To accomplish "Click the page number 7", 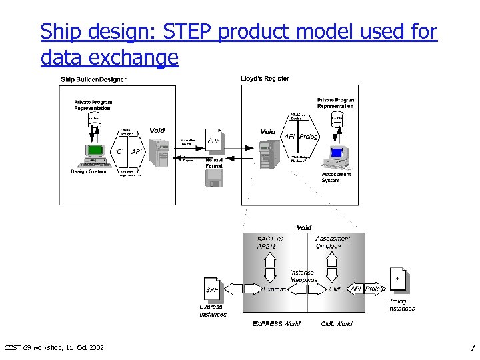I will click(472, 348).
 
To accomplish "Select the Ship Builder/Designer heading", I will click(93, 79).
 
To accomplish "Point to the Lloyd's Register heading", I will click(265, 79).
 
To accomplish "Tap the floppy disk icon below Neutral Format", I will click(213, 177).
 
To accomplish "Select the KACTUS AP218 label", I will click(270, 242).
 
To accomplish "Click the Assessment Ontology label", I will click(332, 242).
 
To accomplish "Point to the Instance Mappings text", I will click(303, 276).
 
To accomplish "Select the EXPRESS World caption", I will click(276, 324).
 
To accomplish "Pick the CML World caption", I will click(337, 324).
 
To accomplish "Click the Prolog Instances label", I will click(401, 305).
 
